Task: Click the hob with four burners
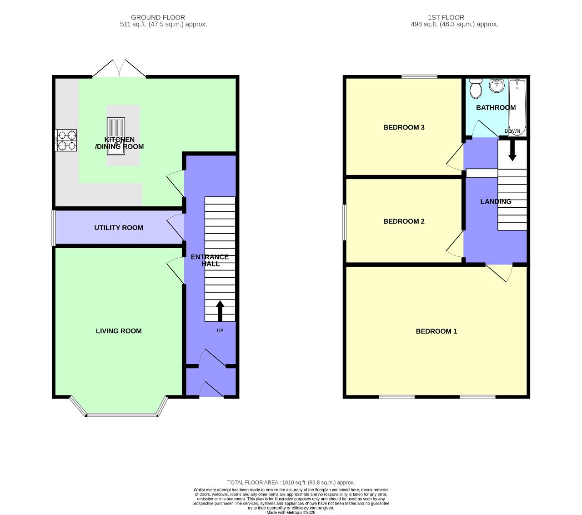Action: click(66, 140)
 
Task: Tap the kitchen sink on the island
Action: click(115, 136)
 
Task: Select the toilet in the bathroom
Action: click(476, 89)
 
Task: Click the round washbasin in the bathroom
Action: click(497, 85)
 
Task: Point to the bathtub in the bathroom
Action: click(517, 107)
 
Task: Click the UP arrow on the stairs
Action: click(220, 311)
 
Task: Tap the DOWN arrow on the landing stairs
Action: click(512, 150)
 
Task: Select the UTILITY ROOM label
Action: click(119, 228)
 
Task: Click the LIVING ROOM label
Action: click(119, 331)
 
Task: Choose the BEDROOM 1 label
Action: click(436, 331)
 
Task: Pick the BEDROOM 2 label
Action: click(404, 221)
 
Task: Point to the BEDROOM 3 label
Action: click(404, 127)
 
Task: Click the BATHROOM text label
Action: click(496, 108)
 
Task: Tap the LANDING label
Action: click(496, 201)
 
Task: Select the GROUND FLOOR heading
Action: click(158, 17)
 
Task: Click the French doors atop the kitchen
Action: click(119, 69)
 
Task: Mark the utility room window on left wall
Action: click(54, 227)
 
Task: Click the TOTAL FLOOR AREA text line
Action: click(291, 483)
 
